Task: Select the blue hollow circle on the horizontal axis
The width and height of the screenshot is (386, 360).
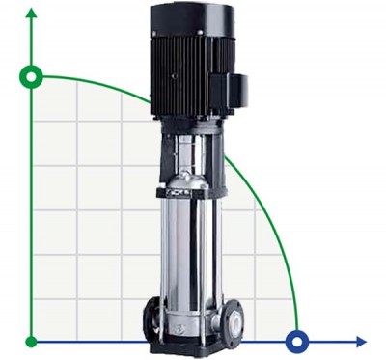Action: pyautogui.click(x=297, y=341)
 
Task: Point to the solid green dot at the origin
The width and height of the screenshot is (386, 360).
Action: pyautogui.click(x=32, y=341)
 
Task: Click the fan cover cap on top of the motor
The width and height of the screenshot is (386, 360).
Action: pyautogui.click(x=186, y=14)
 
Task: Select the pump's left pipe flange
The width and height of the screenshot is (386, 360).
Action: pyautogui.click(x=152, y=318)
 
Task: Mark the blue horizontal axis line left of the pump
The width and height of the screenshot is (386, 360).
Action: pyautogui.click(x=87, y=341)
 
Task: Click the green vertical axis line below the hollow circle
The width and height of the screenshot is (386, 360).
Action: pyautogui.click(x=32, y=212)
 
